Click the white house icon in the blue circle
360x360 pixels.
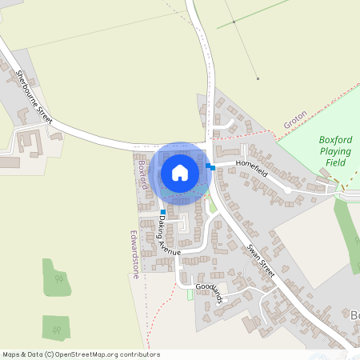click(180, 172)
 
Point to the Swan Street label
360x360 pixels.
click(261, 261)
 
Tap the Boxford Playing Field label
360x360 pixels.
click(335, 150)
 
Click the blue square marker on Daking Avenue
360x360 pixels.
click(162, 212)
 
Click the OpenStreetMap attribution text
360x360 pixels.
click(81, 354)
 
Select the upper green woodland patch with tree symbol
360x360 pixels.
click(58, 278)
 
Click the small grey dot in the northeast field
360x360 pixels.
click(258, 78)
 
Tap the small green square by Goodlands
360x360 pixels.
click(190, 295)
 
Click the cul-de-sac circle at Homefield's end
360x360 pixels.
click(287, 190)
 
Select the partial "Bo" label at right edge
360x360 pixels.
click(354, 314)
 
